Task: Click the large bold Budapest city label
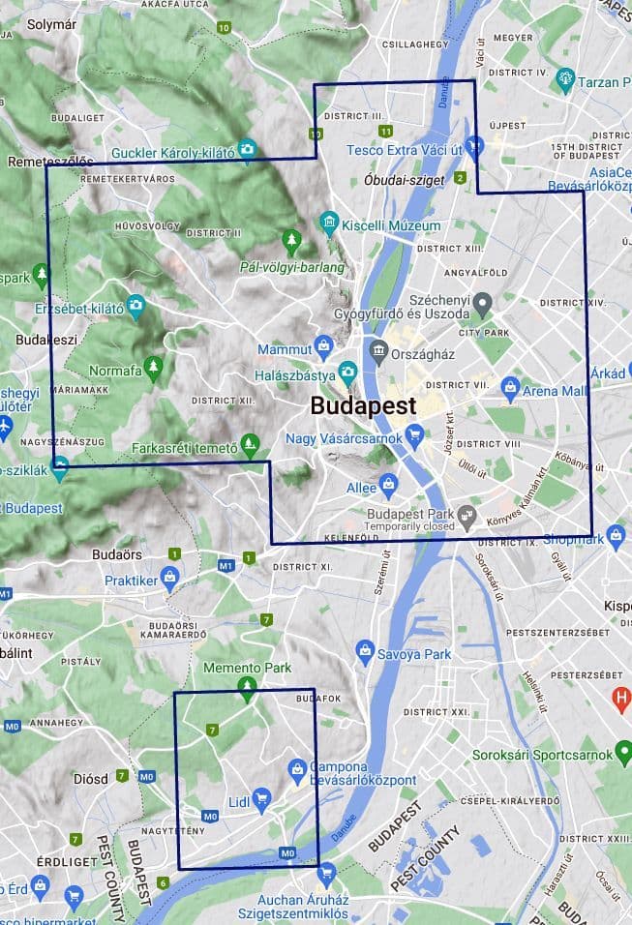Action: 363,406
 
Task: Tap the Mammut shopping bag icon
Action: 324,346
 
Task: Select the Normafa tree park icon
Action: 153,369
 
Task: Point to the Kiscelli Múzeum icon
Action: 329,224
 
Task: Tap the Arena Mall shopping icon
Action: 511,389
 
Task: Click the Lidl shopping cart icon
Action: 261,798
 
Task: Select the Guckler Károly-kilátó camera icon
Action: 248,150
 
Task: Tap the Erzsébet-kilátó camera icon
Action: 135,307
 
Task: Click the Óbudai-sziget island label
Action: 404,180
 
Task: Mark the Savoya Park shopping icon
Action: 365,652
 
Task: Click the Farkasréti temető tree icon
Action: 251,446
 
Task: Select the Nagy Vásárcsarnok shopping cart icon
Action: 414,436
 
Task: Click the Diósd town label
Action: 91,778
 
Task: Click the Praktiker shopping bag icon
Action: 171,580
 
